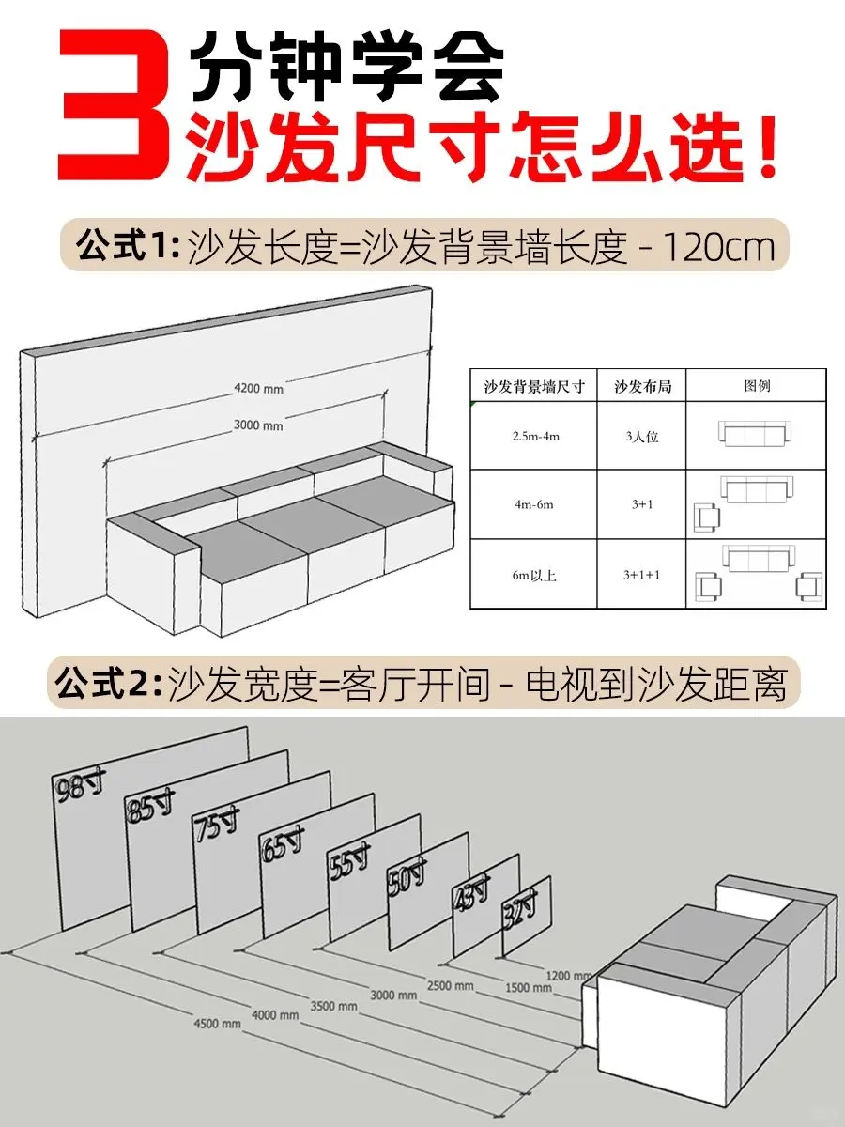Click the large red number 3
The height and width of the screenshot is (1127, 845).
point(114,105)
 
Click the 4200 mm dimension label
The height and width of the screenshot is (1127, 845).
point(258,389)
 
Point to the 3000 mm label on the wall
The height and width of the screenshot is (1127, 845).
point(258,425)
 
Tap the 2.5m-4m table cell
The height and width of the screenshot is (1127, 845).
point(535,437)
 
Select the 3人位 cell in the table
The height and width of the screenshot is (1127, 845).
point(641,437)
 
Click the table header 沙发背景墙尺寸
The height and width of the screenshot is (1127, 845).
point(534,386)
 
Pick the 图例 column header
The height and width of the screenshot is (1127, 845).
point(757,385)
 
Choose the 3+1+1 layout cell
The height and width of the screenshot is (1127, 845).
point(641,575)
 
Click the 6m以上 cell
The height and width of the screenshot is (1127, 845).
point(534,575)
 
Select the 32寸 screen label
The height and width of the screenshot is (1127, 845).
point(519,911)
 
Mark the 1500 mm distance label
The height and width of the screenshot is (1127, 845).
point(529,987)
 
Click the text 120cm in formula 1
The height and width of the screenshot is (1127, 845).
point(719,247)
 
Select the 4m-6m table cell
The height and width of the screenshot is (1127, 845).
point(534,504)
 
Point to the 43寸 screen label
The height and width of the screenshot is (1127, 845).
point(471,892)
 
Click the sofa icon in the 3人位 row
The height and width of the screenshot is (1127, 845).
point(754,434)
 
